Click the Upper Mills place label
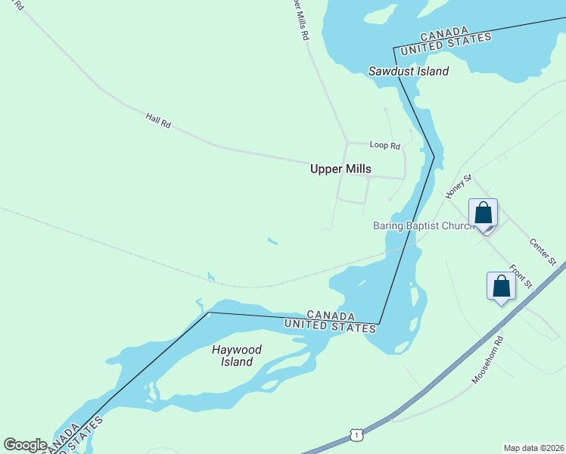click(341, 169)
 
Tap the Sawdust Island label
click(408, 71)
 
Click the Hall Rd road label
click(158, 119)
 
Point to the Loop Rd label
click(384, 145)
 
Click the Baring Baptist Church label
click(423, 225)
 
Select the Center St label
click(543, 251)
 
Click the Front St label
click(521, 276)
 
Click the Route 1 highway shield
click(356, 434)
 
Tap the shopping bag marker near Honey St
click(484, 214)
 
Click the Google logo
click(25, 445)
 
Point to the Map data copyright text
click(533, 448)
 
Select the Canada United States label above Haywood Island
click(331, 322)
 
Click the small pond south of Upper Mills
click(272, 241)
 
